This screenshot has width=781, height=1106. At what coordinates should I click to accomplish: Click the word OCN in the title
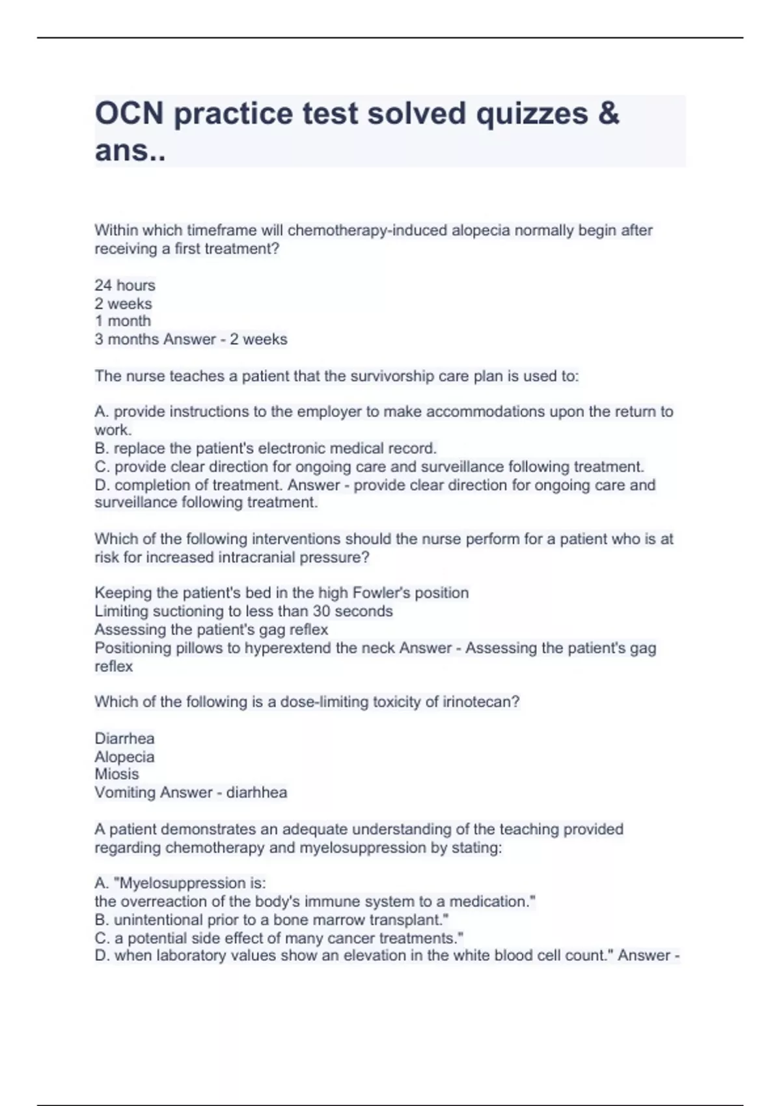(x=129, y=113)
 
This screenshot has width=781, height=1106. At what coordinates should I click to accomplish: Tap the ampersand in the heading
(x=608, y=113)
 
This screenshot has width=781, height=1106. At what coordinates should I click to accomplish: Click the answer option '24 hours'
(x=125, y=285)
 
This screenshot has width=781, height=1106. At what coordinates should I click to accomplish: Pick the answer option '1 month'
(x=122, y=321)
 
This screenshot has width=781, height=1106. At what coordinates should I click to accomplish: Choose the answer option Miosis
(x=116, y=774)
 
